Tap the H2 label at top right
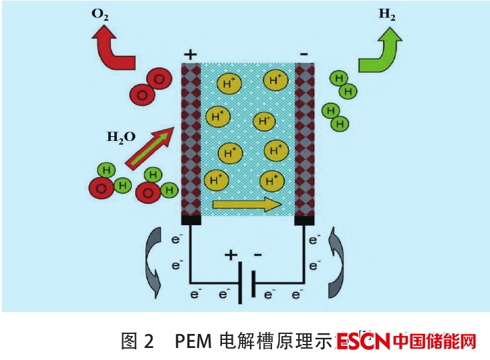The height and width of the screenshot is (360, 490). [386, 15]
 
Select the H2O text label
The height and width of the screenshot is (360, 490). [121, 137]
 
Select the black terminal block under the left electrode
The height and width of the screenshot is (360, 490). [192, 220]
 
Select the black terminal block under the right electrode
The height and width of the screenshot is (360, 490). [305, 220]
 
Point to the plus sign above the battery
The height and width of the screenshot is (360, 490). [231, 254]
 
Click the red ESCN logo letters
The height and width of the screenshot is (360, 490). [363, 342]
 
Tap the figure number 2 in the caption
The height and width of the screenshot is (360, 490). [148, 342]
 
